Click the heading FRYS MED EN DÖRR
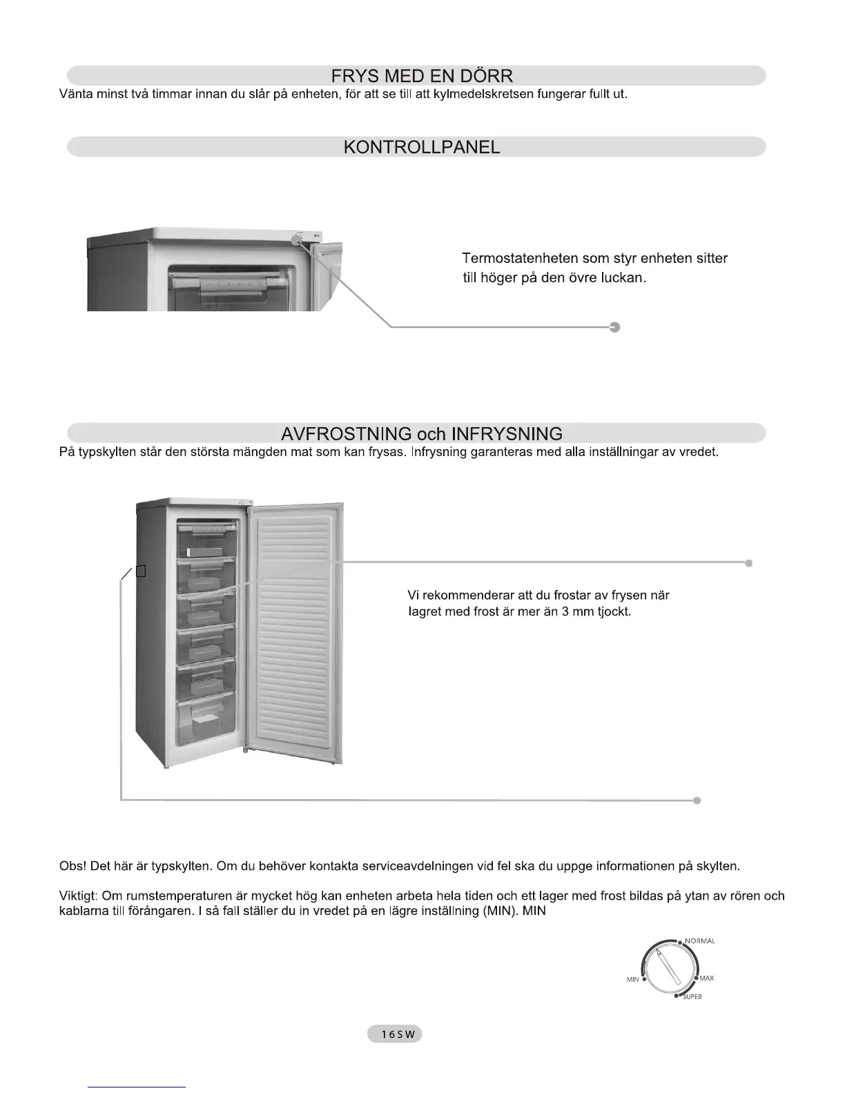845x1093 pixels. coord(421,76)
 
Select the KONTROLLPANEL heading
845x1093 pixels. coord(421,147)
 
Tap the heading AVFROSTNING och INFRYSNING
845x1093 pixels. coord(421,434)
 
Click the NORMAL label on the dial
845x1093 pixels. coord(699,941)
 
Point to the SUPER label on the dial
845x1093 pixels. coord(692,997)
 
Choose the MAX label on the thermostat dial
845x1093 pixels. coord(707,978)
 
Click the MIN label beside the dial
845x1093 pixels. coord(632,980)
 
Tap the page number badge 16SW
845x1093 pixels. coord(394,1034)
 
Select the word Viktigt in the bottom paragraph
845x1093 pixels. coord(79,896)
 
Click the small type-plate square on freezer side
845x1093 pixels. coord(141,571)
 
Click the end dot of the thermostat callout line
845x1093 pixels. coord(615,327)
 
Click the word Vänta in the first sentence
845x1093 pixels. coord(76,94)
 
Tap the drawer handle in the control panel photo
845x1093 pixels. coord(235,284)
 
